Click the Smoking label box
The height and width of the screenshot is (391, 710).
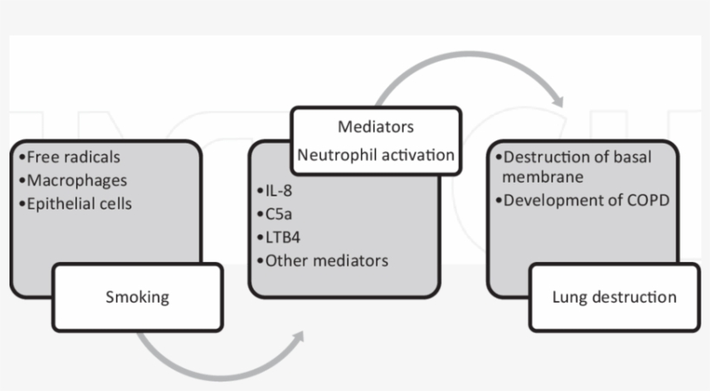[137, 298]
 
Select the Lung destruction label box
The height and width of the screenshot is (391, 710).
[614, 298]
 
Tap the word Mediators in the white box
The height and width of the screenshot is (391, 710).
[375, 127]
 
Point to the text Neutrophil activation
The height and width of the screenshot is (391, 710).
[375, 156]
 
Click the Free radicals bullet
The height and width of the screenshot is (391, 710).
[69, 157]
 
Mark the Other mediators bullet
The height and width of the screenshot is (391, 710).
[322, 260]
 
